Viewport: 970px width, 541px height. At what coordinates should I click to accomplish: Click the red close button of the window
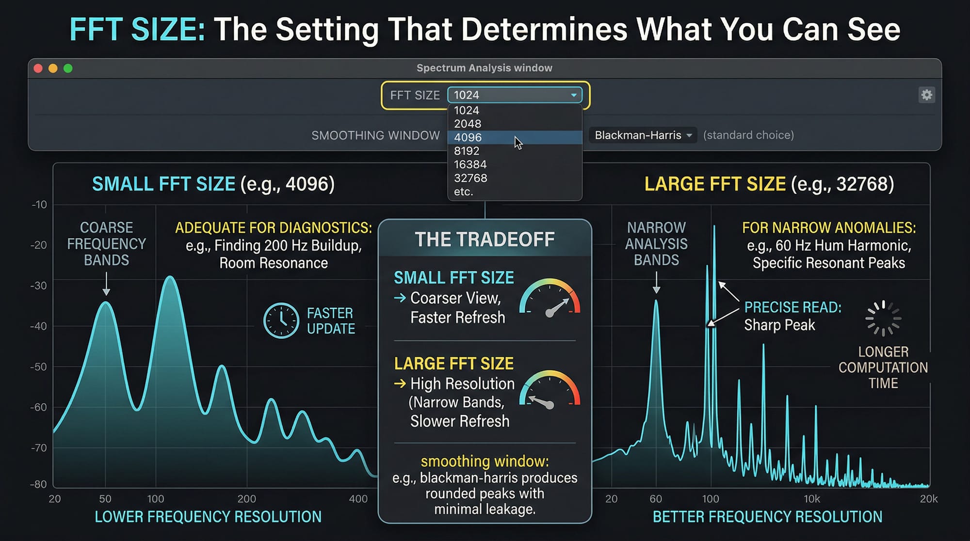(38, 68)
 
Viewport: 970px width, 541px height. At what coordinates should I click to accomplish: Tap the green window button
(68, 68)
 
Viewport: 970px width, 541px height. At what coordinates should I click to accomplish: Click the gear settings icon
(926, 95)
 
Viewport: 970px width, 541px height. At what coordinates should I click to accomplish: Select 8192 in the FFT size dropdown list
(467, 151)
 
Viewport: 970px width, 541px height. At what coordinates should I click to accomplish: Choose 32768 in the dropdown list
(470, 178)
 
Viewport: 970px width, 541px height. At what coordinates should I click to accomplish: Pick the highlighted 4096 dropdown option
(468, 137)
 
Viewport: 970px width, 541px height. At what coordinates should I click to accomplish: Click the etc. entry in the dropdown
(463, 191)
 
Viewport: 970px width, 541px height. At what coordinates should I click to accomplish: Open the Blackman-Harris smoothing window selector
(643, 135)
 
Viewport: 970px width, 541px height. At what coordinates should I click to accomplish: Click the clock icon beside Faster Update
(281, 320)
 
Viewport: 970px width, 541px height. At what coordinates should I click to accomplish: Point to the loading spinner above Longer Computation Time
(883, 318)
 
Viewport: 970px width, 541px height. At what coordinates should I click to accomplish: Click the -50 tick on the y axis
(39, 366)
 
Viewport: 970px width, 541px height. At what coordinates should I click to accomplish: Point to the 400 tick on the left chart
(358, 499)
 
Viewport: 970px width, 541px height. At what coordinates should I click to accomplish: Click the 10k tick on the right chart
(811, 499)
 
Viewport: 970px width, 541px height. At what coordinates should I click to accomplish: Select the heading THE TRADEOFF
(485, 239)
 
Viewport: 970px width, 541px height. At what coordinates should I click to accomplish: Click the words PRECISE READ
(792, 307)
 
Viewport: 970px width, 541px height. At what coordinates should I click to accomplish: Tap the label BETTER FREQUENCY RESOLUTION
(767, 517)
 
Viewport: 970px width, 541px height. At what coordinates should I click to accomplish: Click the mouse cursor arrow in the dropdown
(518, 143)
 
